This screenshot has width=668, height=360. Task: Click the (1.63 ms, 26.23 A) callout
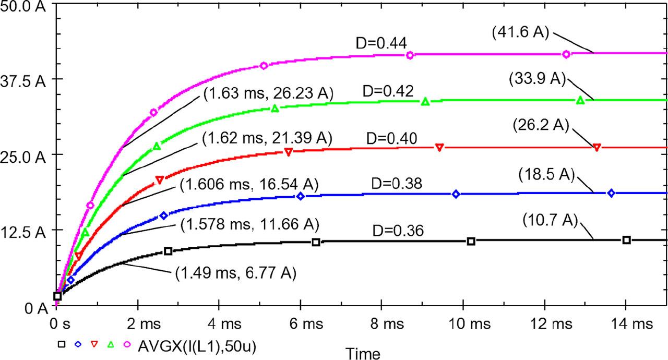pyautogui.click(x=268, y=93)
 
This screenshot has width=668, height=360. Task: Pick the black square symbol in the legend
pyautogui.click(x=62, y=344)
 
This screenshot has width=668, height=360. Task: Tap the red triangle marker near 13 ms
pyautogui.click(x=597, y=147)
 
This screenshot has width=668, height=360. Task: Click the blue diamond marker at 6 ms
pyautogui.click(x=301, y=196)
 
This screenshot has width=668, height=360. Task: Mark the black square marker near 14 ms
pyautogui.click(x=627, y=240)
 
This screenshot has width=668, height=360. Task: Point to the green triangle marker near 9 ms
pyautogui.click(x=425, y=101)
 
